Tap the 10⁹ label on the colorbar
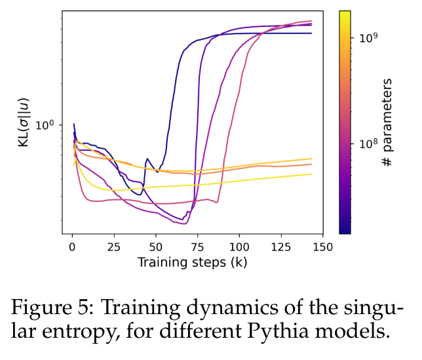click(x=368, y=38)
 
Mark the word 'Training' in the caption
click(x=148, y=307)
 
